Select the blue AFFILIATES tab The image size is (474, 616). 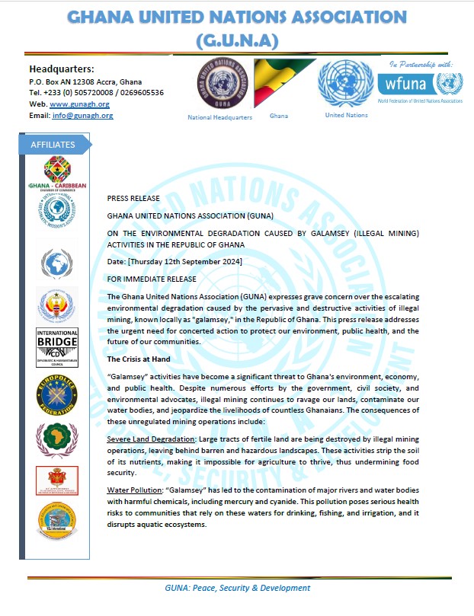(x=53, y=145)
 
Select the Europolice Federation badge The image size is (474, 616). (x=56, y=393)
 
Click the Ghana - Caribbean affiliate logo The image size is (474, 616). (x=56, y=173)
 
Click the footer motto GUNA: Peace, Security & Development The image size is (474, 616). (x=237, y=588)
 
